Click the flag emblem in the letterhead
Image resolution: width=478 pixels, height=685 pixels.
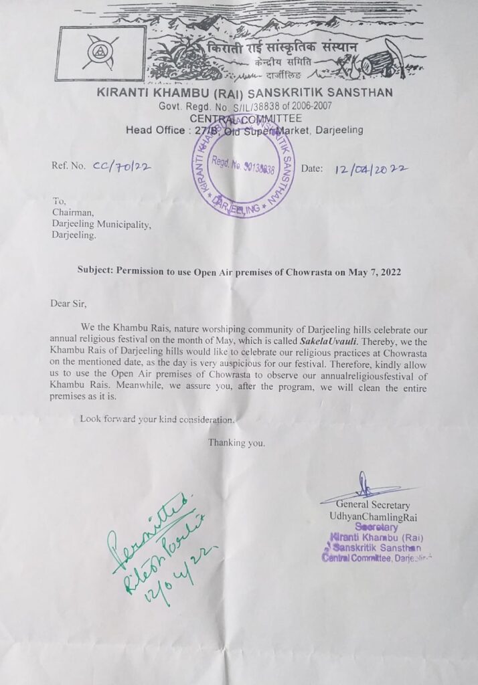100,54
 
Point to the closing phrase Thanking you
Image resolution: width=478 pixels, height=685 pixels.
236,443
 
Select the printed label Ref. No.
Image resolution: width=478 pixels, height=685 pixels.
69,167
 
